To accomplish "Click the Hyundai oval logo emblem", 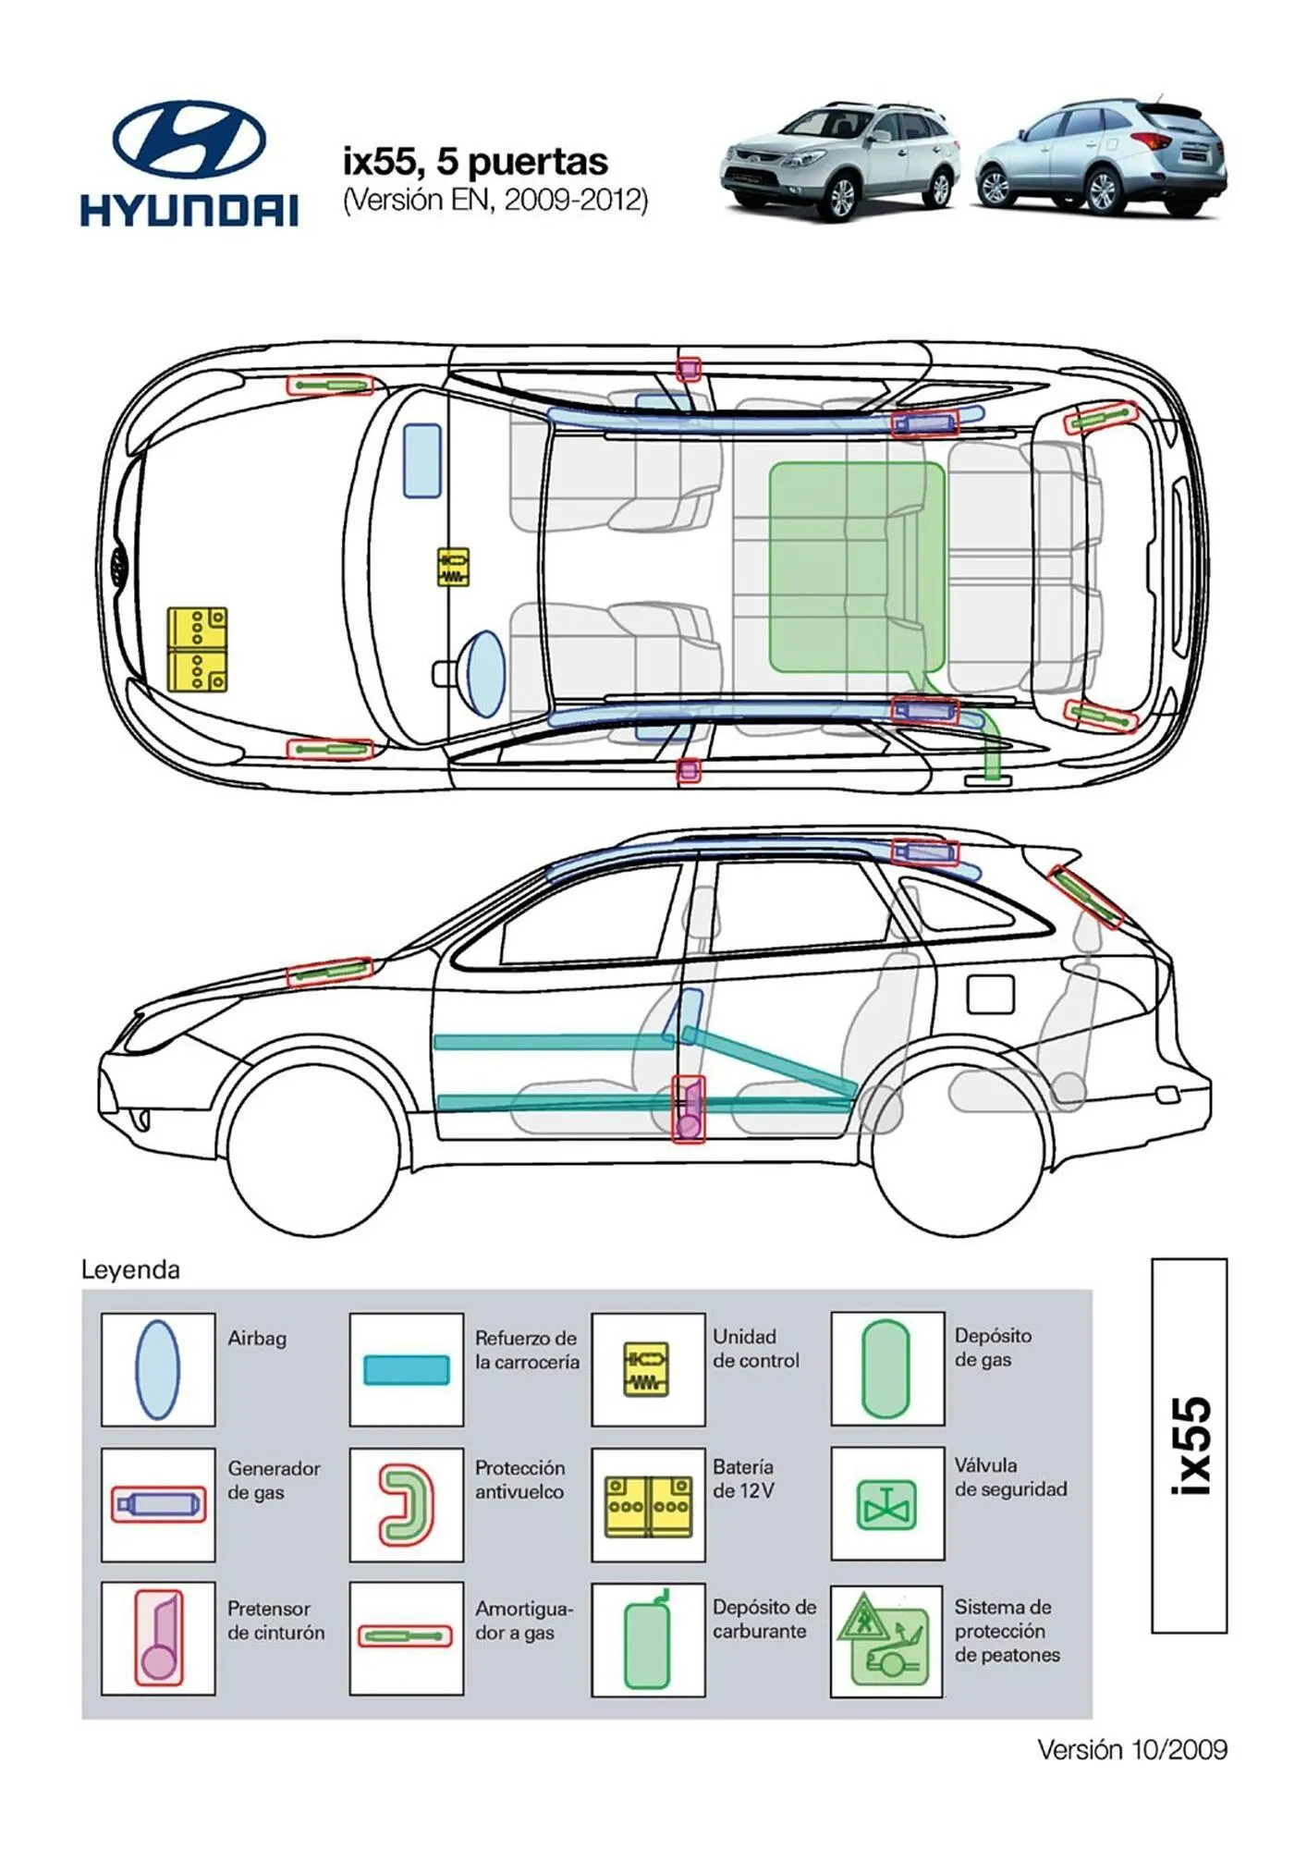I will pyautogui.click(x=189, y=140).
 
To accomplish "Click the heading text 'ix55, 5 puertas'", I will pyautogui.click(x=475, y=162).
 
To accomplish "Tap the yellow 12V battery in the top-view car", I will pyautogui.click(x=197, y=649).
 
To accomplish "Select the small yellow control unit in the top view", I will pyautogui.click(x=453, y=567).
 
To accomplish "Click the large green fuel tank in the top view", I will pyautogui.click(x=855, y=566).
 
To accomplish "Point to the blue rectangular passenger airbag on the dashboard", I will pyautogui.click(x=422, y=460).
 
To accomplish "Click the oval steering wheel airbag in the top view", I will pyautogui.click(x=486, y=673).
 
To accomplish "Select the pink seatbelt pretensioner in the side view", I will pyautogui.click(x=688, y=1109).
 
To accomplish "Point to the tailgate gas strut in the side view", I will pyautogui.click(x=1087, y=897).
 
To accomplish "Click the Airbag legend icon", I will pyautogui.click(x=157, y=1369).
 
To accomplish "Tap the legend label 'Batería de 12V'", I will pyautogui.click(x=743, y=1478).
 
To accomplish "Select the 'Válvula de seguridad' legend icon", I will pyautogui.click(x=886, y=1504).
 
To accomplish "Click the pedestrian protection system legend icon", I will pyautogui.click(x=886, y=1640).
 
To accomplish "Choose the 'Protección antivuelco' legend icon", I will pyautogui.click(x=407, y=1504).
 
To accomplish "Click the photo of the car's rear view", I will pyautogui.click(x=1100, y=157).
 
